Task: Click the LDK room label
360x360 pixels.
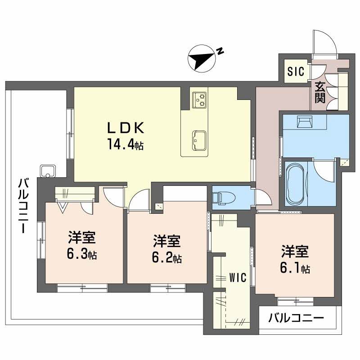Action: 125,129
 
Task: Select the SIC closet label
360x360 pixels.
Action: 296,71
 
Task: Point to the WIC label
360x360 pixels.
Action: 237,278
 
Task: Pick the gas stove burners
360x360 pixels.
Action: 199,99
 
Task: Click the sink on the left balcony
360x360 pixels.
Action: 47,171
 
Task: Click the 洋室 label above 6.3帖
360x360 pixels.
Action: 81,237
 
